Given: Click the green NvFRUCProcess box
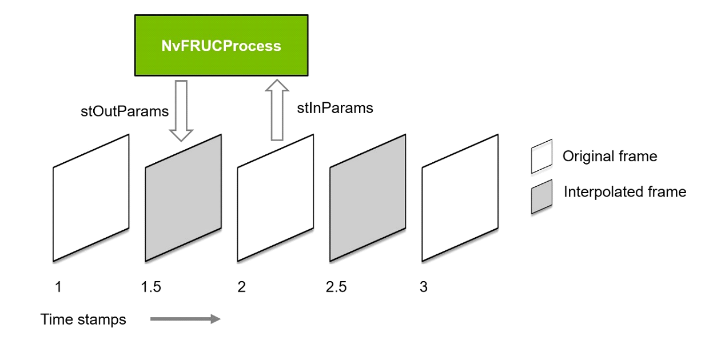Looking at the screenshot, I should (x=221, y=45).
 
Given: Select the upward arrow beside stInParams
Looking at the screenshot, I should (x=277, y=110).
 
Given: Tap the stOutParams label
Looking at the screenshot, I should (x=125, y=111).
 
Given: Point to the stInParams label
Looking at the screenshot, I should (x=336, y=107).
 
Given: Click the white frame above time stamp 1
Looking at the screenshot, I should (x=91, y=198).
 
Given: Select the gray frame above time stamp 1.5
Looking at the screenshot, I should (x=183, y=198).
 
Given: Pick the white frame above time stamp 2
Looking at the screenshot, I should (x=276, y=198).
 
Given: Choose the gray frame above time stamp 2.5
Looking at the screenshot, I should (x=368, y=198).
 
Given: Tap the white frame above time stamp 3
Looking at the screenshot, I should (x=460, y=198).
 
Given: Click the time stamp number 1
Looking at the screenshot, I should (x=58, y=287).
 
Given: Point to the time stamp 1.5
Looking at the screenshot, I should (x=151, y=287).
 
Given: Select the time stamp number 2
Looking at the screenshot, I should (x=241, y=287).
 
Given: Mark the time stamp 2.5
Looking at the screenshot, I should (x=336, y=287).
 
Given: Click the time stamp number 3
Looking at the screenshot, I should (x=424, y=287).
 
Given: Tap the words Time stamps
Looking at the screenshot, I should (x=83, y=319).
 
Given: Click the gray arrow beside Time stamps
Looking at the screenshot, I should (x=185, y=319).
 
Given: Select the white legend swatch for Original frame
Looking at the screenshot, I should (x=541, y=156).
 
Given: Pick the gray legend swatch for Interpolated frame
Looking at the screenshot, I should (x=541, y=197).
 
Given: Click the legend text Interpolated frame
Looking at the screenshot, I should (x=625, y=192).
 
